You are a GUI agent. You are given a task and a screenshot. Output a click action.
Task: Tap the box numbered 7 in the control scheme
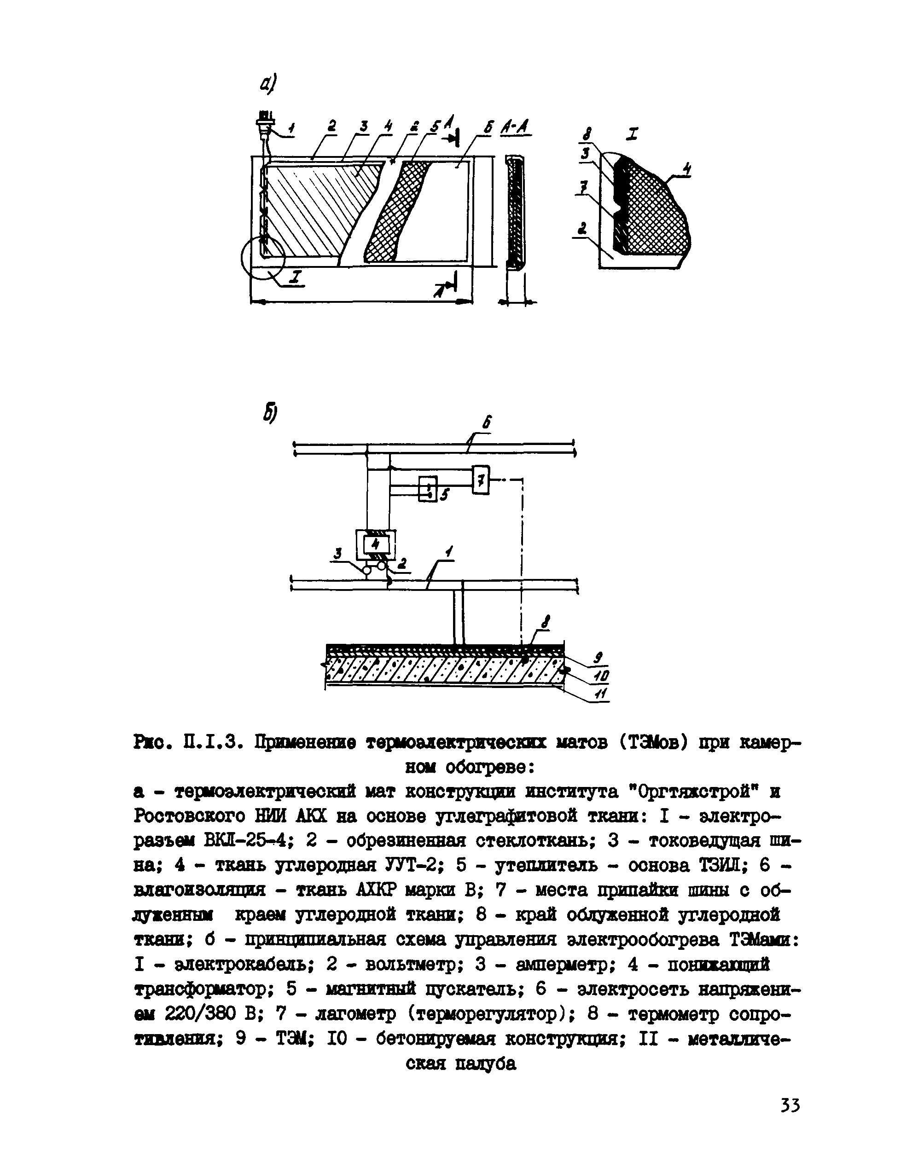[x=480, y=479]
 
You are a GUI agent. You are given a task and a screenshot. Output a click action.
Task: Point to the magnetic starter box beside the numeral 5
[x=429, y=489]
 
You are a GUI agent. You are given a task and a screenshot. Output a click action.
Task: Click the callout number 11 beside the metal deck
[x=599, y=694]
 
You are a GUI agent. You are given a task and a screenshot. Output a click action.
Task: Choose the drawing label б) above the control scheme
[x=270, y=414]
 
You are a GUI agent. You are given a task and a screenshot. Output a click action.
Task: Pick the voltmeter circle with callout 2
[x=382, y=566]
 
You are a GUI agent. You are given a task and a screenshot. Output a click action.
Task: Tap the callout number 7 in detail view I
[x=583, y=189]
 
